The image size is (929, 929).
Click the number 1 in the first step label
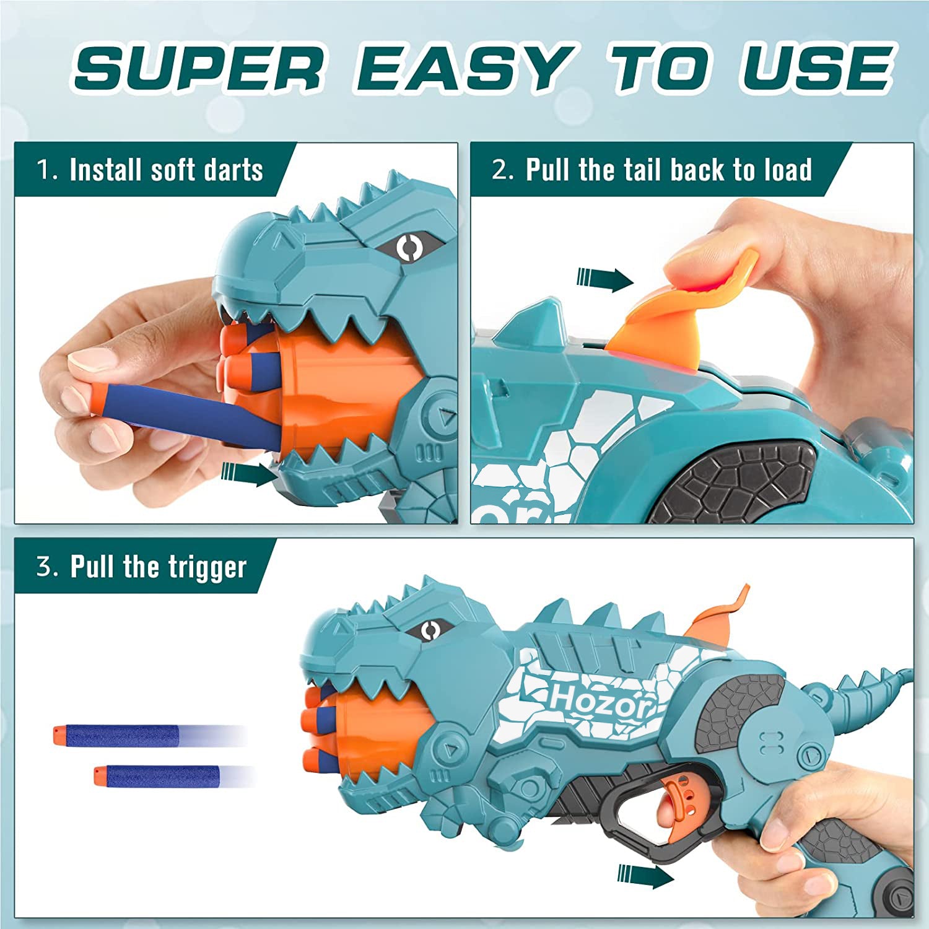point(43,170)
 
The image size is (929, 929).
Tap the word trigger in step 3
point(204,567)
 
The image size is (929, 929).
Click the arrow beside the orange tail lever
point(605,279)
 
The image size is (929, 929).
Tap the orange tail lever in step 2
point(681,310)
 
